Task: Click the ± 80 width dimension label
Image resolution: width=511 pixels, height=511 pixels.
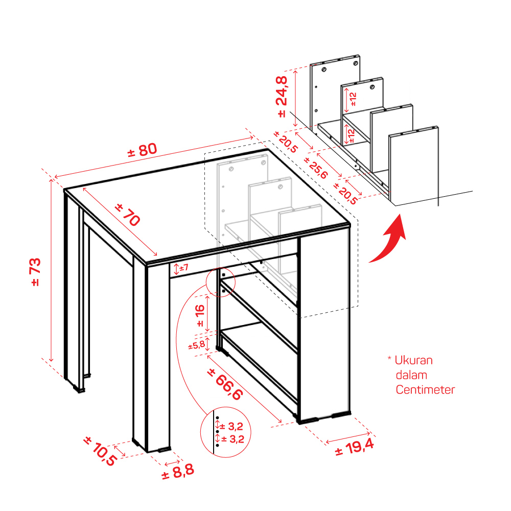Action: click(142, 150)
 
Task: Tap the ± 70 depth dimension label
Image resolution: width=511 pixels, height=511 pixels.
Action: click(128, 215)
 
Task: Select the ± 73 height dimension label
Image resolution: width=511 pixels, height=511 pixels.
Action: click(36, 272)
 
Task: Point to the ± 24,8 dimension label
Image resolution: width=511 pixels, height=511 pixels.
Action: click(282, 97)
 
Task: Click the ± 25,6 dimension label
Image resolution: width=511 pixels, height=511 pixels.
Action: click(315, 168)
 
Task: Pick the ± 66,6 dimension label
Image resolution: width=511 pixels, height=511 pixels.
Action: click(225, 384)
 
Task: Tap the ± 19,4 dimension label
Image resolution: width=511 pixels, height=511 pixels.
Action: click(355, 448)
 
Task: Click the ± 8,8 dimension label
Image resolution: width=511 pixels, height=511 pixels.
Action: click(178, 472)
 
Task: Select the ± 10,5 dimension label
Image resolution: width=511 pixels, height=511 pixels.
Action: click(100, 451)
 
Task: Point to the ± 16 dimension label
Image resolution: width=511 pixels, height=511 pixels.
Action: click(200, 315)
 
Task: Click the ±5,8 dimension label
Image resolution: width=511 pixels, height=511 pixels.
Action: click(197, 345)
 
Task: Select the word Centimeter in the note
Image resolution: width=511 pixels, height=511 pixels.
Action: click(425, 390)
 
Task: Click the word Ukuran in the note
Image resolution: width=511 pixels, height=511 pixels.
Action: click(413, 360)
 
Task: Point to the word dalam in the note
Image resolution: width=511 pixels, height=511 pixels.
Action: click(411, 375)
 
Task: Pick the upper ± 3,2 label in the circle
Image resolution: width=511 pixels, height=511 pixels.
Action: click(231, 426)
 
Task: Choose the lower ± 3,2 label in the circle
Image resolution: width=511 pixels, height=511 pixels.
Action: click(233, 439)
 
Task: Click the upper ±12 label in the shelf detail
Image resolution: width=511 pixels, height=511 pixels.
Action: click(353, 99)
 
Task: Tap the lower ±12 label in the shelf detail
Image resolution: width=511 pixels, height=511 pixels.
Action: click(351, 135)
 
